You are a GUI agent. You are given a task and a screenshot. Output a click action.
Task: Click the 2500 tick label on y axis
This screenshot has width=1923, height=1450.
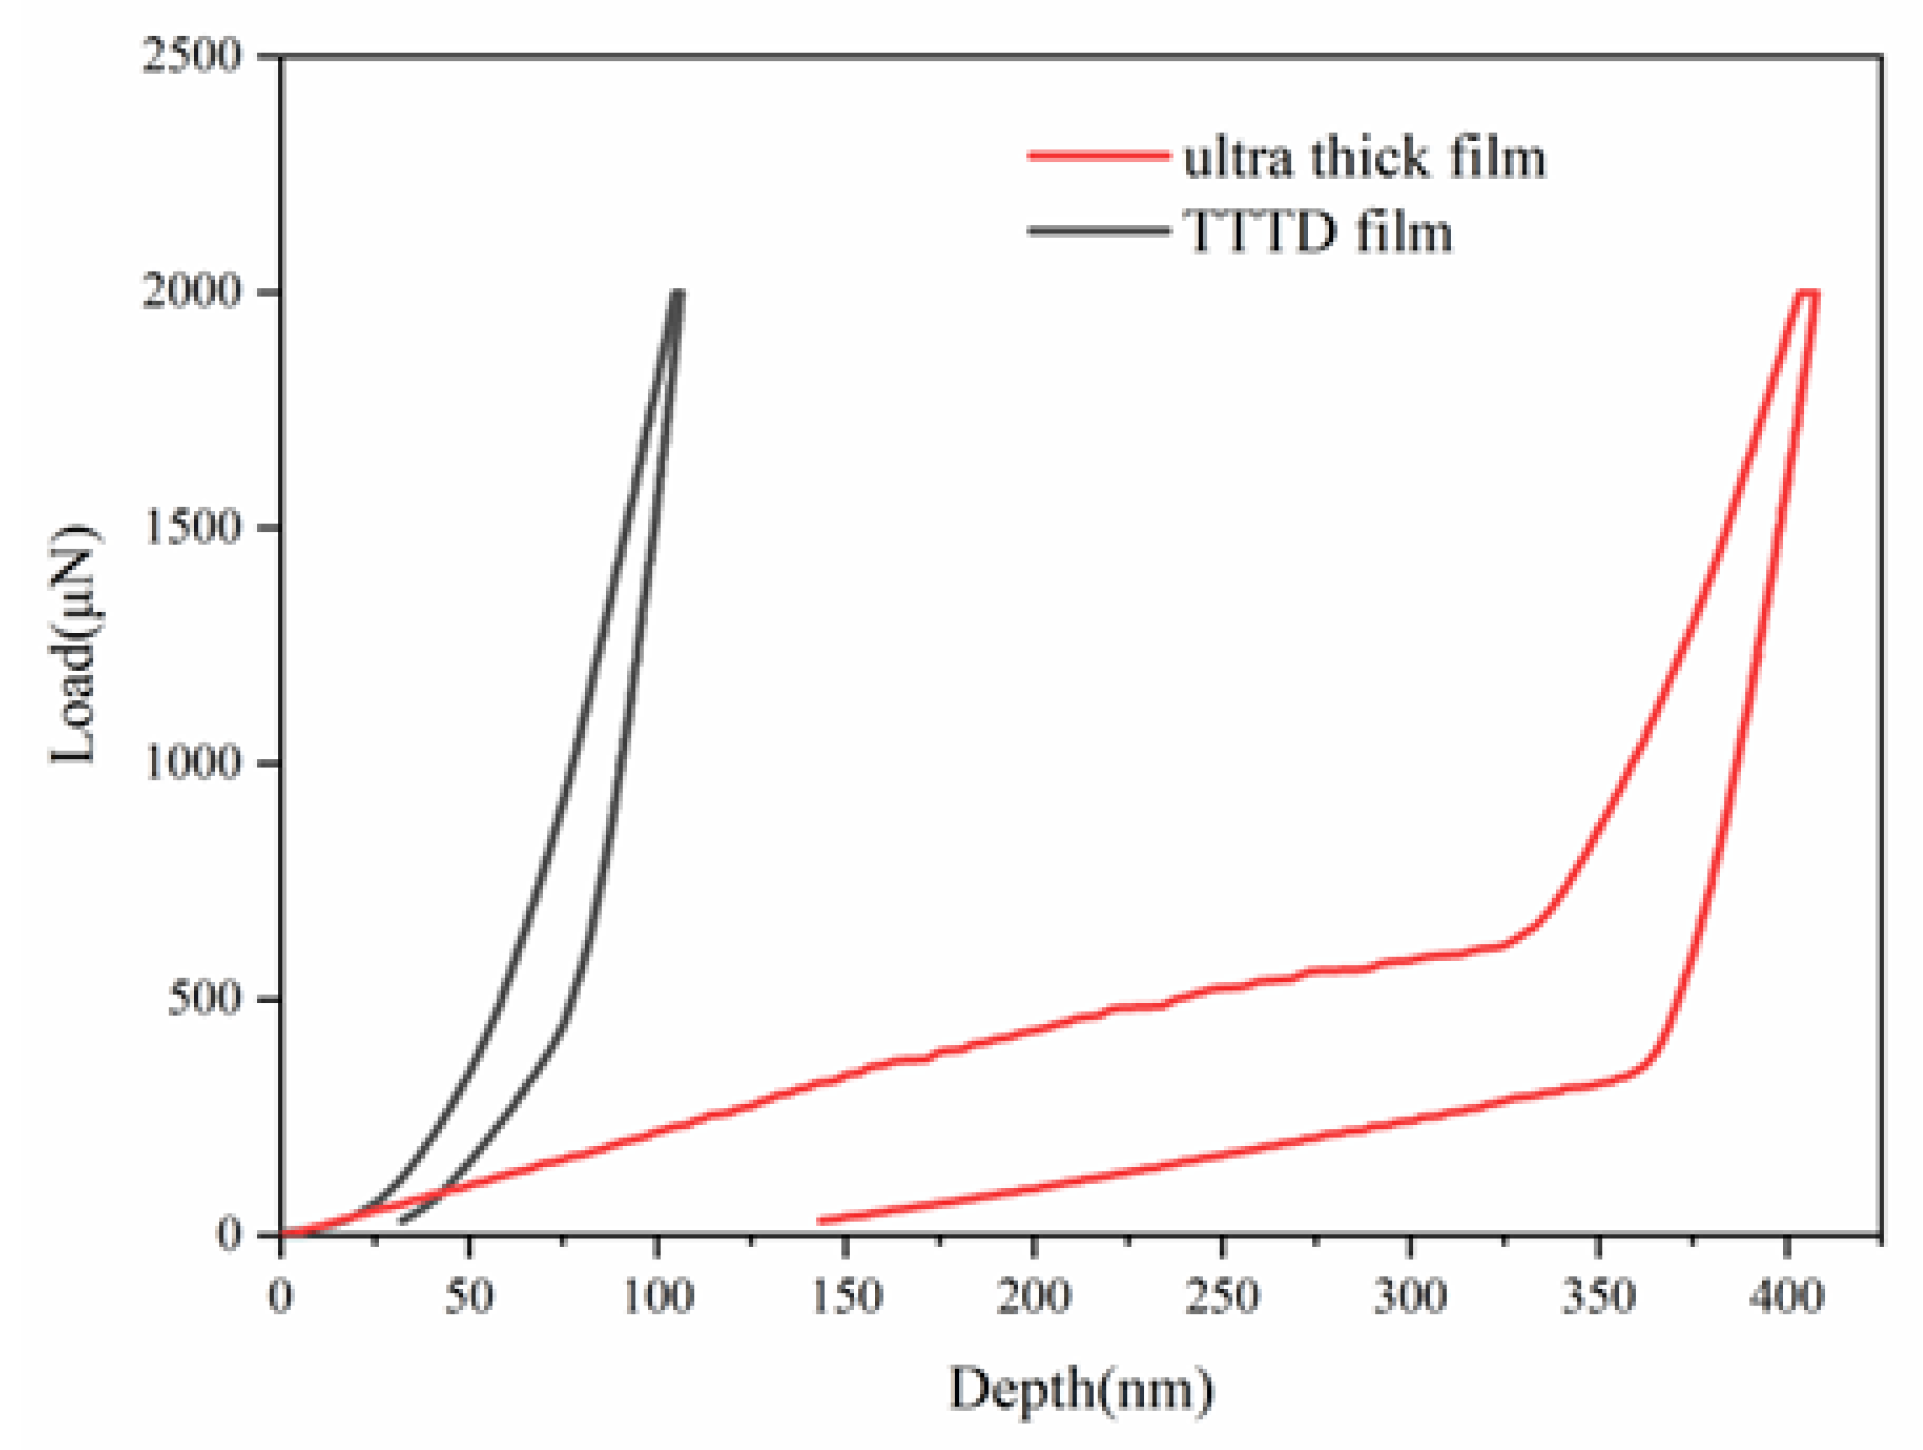coord(192,55)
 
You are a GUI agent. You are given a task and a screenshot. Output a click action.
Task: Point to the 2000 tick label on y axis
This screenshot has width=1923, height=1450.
coord(192,291)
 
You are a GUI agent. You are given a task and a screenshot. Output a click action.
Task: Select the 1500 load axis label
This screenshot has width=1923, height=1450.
coord(192,527)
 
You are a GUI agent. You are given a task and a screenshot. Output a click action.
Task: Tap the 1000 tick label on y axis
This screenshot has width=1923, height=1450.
coord(192,763)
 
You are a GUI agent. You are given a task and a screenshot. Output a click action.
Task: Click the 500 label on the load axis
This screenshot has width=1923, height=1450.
coord(204,998)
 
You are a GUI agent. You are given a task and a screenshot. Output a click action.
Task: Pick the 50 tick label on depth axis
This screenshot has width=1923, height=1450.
coord(468,1297)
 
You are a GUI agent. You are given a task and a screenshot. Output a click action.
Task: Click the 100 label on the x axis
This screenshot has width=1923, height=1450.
coord(657,1297)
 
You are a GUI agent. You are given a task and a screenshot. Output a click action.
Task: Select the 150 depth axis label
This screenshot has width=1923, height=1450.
coord(845,1297)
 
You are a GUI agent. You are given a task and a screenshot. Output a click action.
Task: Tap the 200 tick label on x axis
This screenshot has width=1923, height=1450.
coord(1033,1297)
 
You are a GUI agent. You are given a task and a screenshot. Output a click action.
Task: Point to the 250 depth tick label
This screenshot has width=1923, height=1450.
coord(1221,1297)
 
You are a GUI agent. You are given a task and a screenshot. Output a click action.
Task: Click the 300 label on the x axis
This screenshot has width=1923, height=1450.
coord(1410,1297)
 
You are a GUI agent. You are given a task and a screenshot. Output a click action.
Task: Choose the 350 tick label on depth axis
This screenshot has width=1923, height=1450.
coord(1598,1297)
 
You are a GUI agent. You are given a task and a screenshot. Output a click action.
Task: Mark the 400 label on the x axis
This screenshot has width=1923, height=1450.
coord(1786,1297)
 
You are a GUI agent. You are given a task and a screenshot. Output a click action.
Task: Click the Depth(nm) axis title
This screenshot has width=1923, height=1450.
coord(1080,1390)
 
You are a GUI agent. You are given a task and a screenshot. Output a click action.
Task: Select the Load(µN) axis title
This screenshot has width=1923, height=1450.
coord(75,645)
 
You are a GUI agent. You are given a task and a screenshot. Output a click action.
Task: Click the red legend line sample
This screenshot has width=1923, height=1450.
coord(1098,155)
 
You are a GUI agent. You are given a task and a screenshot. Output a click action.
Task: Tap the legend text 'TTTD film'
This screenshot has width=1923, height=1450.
coord(1318,232)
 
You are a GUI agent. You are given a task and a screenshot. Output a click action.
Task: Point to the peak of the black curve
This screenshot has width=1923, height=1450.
coord(678,292)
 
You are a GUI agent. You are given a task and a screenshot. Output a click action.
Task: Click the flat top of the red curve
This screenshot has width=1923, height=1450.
coord(1808,292)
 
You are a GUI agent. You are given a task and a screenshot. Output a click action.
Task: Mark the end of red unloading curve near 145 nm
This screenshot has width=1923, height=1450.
coord(822,1220)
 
